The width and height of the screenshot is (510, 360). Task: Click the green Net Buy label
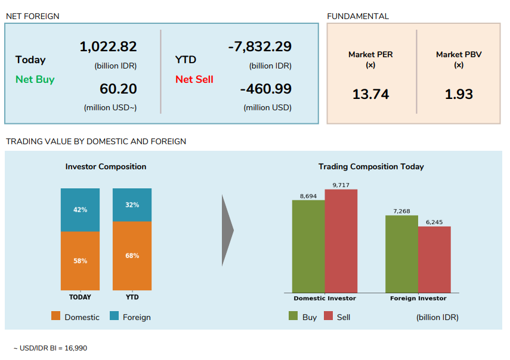tap(35, 79)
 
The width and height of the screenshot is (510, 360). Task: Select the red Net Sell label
tap(194, 79)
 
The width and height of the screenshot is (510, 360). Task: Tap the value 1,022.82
tap(108, 46)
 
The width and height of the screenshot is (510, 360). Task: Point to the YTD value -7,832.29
tap(259, 46)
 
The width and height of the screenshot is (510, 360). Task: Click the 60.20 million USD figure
tap(118, 89)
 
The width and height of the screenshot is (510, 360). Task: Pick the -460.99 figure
tap(265, 89)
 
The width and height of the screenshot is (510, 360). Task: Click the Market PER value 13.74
tap(370, 94)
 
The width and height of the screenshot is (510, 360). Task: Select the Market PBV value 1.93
tap(459, 94)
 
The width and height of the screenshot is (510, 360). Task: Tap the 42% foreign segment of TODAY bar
tap(80, 210)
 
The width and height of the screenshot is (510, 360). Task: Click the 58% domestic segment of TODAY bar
tap(80, 260)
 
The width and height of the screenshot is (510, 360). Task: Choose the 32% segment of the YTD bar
tap(132, 204)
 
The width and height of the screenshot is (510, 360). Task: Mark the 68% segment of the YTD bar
tap(132, 256)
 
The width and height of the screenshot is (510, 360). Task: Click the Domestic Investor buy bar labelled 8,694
tap(308, 246)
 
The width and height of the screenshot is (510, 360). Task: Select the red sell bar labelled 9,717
tap(341, 241)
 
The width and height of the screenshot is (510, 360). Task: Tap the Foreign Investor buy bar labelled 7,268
tap(401, 253)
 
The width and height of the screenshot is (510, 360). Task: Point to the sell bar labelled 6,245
tap(434, 259)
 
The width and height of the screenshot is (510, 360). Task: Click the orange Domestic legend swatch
tap(56, 316)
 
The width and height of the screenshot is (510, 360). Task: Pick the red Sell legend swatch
tap(328, 316)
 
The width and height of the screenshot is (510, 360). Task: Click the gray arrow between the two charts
tap(227, 230)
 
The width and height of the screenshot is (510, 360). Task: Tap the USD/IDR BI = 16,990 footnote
tap(50, 347)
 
